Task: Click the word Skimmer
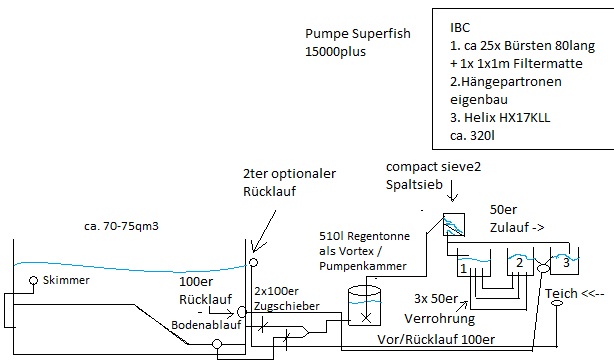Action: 66,280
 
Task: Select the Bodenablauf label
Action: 206,325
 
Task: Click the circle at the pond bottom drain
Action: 217,345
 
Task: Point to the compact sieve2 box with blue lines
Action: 454,224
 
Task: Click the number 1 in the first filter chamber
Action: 463,269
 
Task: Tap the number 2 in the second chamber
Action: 519,262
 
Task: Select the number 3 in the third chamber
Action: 566,262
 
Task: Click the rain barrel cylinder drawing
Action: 365,306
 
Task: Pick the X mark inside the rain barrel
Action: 366,317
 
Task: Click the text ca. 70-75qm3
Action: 121,226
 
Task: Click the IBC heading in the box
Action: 460,27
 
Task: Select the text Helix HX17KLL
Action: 507,118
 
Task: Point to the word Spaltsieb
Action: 414,185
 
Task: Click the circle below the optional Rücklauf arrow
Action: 253,262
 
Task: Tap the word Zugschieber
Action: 287,306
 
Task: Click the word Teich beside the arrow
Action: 561,293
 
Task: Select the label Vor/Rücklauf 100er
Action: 436,339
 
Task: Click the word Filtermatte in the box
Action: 548,63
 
